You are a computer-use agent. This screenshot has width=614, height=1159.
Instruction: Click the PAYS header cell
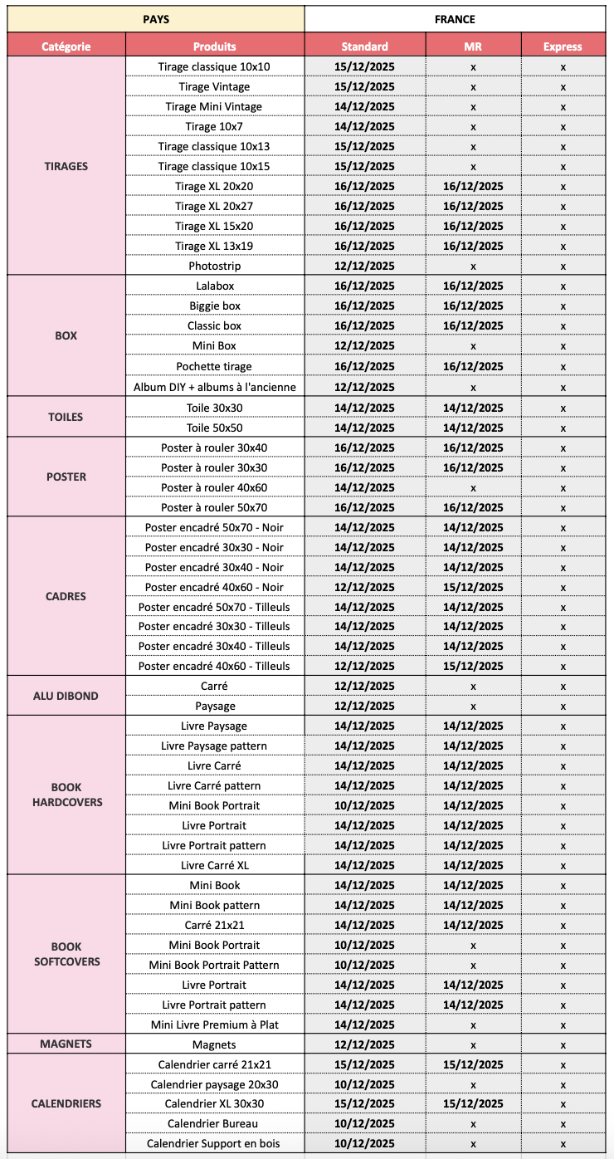pos(155,18)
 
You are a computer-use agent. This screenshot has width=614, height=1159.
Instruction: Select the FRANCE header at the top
pos(455,18)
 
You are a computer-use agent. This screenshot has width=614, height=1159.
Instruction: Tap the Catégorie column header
pos(66,46)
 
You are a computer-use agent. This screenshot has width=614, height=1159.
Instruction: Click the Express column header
pos(563,46)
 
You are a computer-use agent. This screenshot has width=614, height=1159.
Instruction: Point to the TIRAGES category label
pos(66,166)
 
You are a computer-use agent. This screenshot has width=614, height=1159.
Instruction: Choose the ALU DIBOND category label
pos(66,696)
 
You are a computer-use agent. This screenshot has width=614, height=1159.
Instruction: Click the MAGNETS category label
pos(66,1044)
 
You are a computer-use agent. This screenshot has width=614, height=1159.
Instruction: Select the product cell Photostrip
pos(214,267)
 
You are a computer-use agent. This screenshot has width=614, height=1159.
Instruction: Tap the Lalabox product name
pos(214,286)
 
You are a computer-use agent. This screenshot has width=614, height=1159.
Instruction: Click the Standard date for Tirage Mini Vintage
pos(364,106)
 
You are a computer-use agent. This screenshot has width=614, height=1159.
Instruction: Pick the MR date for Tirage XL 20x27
pos(473,206)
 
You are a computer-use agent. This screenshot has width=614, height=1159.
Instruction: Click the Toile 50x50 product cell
pos(214,428)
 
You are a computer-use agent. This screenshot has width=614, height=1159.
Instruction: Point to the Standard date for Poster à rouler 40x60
pos(364,487)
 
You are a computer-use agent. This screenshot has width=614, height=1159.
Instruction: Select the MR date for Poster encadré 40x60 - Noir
pos(473,587)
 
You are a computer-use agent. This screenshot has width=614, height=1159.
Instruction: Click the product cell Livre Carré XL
pos(214,865)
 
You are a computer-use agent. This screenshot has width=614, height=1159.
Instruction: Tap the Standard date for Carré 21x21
pos(364,925)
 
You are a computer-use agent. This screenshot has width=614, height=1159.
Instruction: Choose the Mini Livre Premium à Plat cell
pos(214,1025)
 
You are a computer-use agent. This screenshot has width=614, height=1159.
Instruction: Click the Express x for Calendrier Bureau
pos(563,1123)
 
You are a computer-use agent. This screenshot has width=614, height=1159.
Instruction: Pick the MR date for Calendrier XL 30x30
pos(473,1103)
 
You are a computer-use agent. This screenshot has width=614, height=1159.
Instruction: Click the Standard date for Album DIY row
pos(364,387)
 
